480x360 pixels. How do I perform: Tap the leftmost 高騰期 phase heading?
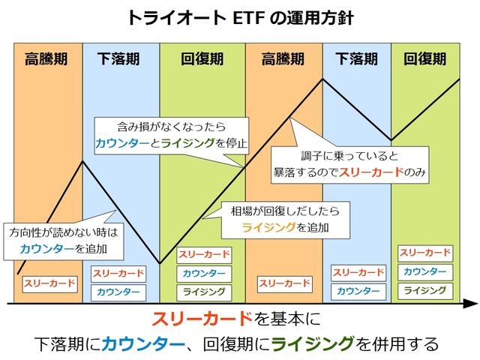(49, 58)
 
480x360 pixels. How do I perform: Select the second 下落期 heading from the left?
(356, 58)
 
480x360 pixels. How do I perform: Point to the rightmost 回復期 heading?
(425, 58)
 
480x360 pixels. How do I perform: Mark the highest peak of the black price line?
(322, 79)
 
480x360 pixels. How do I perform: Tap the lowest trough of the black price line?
(160, 263)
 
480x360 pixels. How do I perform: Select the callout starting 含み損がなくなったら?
(171, 134)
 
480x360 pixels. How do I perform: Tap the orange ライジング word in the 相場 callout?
(264, 226)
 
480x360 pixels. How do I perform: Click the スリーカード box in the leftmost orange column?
(49, 283)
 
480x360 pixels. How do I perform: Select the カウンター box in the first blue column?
(118, 292)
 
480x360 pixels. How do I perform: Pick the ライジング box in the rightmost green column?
(424, 290)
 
